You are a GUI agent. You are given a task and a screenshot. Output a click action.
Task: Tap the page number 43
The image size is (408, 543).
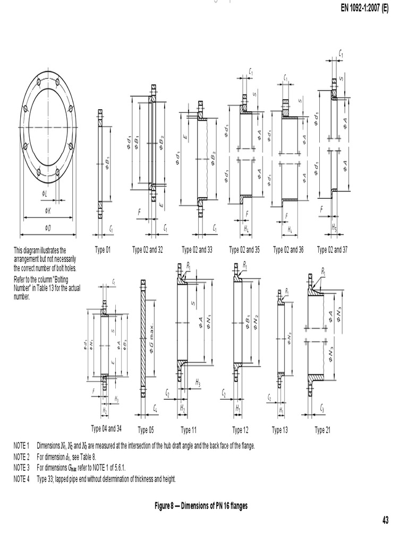pyautogui.click(x=385, y=520)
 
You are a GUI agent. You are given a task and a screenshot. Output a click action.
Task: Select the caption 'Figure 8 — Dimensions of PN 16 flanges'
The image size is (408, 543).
pyautogui.click(x=201, y=506)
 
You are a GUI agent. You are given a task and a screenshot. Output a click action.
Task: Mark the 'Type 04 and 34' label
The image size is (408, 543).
pyautogui.click(x=106, y=428)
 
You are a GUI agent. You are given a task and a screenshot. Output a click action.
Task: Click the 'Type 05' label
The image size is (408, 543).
pyautogui.click(x=146, y=430)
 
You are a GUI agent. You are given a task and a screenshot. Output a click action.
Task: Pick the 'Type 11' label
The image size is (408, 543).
pyautogui.click(x=189, y=430)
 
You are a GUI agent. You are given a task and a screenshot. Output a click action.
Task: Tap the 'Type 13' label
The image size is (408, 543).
pyautogui.click(x=280, y=430)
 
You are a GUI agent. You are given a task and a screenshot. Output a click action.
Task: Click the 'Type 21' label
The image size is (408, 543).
pyautogui.click(x=322, y=430)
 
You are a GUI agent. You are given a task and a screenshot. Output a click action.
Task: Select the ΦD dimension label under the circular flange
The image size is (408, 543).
pyautogui.click(x=48, y=228)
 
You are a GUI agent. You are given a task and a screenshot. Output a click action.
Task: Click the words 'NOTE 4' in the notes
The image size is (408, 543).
pyautogui.click(x=21, y=479)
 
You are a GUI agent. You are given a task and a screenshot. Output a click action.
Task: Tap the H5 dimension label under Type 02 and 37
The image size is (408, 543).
pyautogui.click(x=334, y=227)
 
